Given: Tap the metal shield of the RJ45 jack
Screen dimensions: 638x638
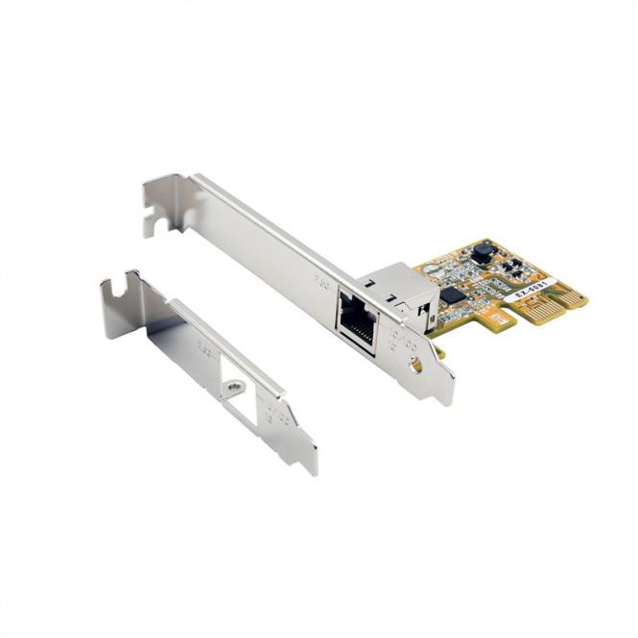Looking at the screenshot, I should click(x=395, y=285).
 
